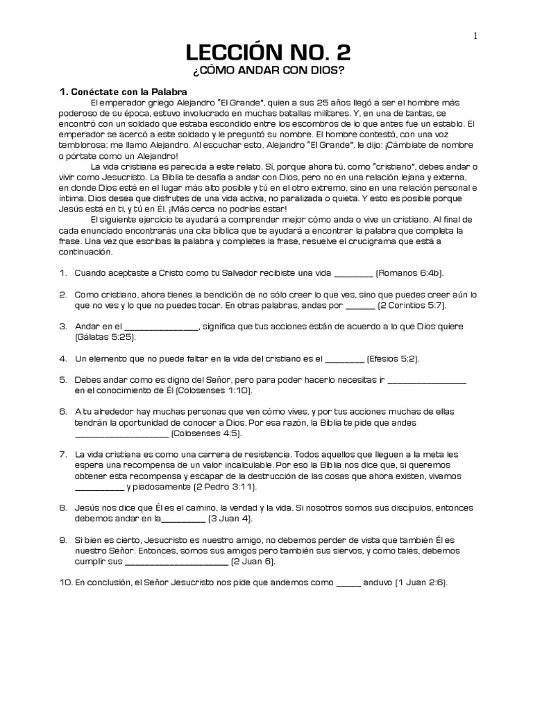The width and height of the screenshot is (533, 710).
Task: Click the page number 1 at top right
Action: [x=475, y=36]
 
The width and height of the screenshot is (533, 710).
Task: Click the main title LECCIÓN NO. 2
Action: [x=266, y=55]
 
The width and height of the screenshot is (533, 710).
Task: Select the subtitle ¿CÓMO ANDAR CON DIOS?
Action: [x=266, y=73]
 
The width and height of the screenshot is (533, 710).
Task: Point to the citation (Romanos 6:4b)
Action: [x=409, y=274]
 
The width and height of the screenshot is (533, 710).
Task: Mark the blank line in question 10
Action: [x=348, y=584]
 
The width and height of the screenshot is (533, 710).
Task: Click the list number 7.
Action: [x=62, y=454]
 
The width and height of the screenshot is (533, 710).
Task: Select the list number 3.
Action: [x=62, y=327]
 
